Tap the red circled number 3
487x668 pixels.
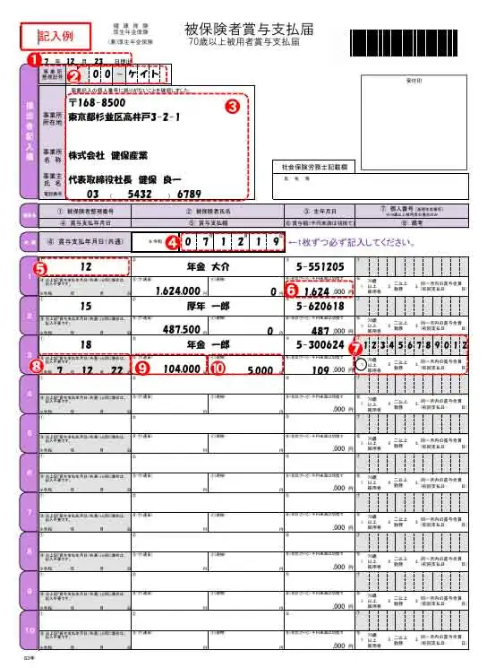[230, 104]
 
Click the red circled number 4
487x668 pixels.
[173, 240]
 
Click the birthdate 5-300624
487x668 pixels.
[314, 343]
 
